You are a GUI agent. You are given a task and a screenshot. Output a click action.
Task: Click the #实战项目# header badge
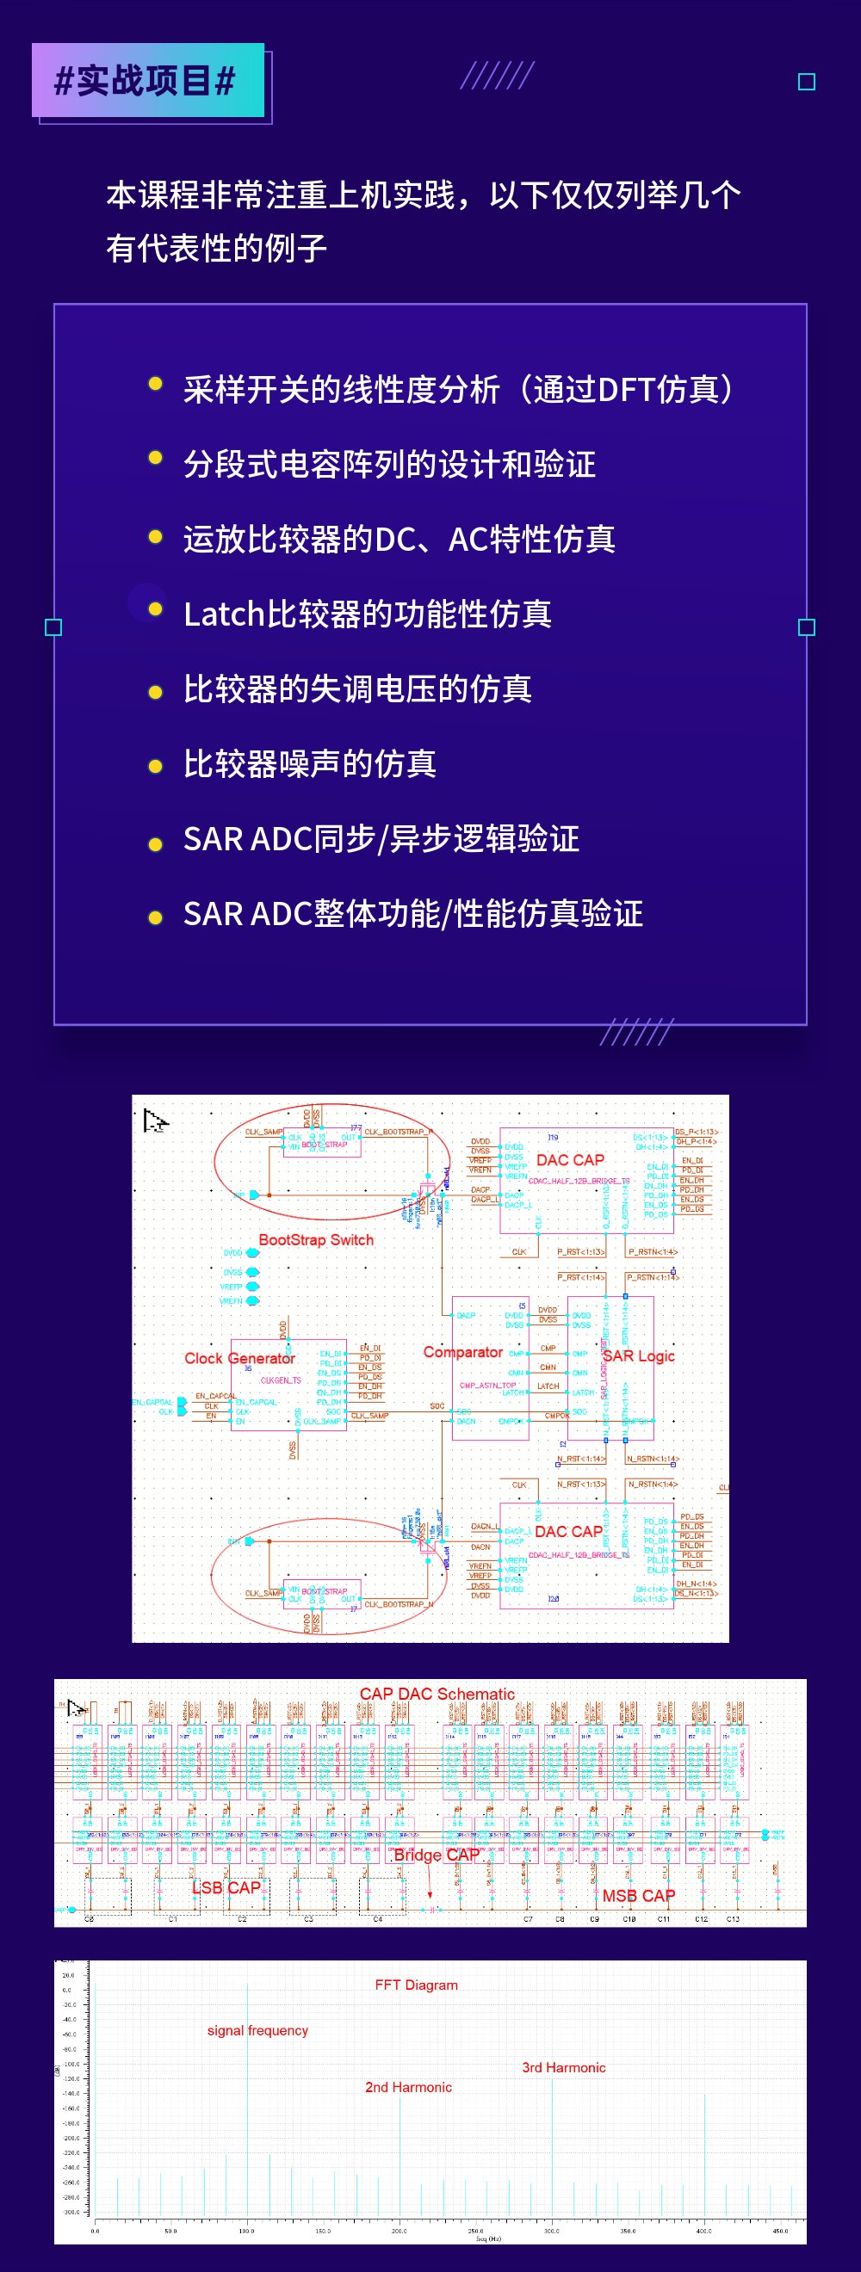[x=147, y=81]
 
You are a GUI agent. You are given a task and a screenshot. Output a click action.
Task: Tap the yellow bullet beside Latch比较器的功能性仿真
[x=155, y=609]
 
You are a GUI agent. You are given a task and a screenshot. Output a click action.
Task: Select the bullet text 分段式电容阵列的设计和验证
[x=389, y=464]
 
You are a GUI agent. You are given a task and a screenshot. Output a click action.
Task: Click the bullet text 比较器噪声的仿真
[x=310, y=764]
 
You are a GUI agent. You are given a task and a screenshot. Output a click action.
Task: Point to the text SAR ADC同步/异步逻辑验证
[x=381, y=839]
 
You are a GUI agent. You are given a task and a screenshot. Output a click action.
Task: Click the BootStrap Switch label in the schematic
[x=316, y=1240]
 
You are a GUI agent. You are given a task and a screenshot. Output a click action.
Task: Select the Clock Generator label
[x=239, y=1358]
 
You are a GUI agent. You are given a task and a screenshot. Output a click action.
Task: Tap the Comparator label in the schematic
[x=462, y=1352]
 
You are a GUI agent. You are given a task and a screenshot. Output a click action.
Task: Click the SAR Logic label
[x=639, y=1356]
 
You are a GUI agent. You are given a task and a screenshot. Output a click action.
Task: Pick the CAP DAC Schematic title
[x=437, y=1694]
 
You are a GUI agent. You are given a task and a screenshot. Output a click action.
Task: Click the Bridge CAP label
[x=436, y=1855]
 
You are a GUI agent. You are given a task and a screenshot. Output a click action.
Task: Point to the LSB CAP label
[x=226, y=1887]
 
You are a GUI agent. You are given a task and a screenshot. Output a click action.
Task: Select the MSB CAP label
[x=639, y=1895]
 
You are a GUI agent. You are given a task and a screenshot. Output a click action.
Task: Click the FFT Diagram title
[x=417, y=1985]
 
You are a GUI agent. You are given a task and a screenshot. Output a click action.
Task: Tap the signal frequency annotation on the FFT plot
[x=257, y=2030]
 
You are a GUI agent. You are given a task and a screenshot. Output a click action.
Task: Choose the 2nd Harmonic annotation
[x=408, y=2087]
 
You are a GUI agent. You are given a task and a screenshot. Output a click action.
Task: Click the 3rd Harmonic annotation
[x=564, y=2067]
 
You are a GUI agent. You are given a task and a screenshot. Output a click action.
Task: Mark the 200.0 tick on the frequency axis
[x=399, y=2231]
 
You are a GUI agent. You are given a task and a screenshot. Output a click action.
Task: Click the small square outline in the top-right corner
[x=806, y=82]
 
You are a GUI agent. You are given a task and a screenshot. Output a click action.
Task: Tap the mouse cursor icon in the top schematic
[x=154, y=1121]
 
